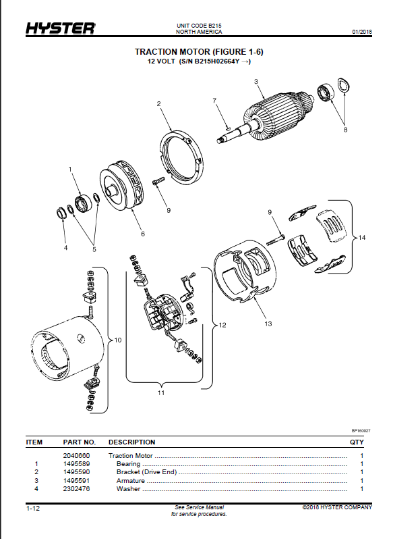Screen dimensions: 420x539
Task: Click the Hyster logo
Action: point(61,28)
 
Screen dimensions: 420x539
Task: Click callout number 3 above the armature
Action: point(256,82)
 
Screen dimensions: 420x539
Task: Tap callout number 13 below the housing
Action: point(268,324)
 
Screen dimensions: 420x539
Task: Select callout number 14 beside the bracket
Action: point(362,238)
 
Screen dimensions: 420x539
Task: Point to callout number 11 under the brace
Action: point(161,392)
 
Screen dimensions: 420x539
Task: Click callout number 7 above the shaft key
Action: point(214,101)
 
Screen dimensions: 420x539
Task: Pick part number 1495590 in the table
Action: point(76,472)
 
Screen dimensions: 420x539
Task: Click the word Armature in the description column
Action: point(130,480)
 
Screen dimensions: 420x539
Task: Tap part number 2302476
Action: point(76,489)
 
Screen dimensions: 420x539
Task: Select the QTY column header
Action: point(357,442)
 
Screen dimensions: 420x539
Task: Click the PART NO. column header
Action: point(80,442)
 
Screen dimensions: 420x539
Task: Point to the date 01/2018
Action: point(362,32)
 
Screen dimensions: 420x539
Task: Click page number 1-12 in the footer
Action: point(33,509)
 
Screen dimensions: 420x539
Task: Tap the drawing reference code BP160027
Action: point(361,431)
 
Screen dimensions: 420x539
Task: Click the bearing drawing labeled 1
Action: point(84,203)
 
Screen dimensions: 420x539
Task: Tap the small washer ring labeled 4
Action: point(62,213)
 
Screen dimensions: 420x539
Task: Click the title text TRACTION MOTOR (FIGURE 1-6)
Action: point(199,52)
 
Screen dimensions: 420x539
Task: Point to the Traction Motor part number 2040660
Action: point(76,456)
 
